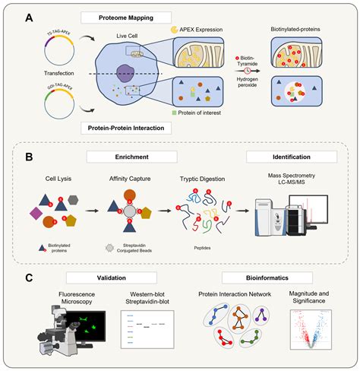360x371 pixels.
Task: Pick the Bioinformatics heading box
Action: pyautogui.click(x=251, y=278)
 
